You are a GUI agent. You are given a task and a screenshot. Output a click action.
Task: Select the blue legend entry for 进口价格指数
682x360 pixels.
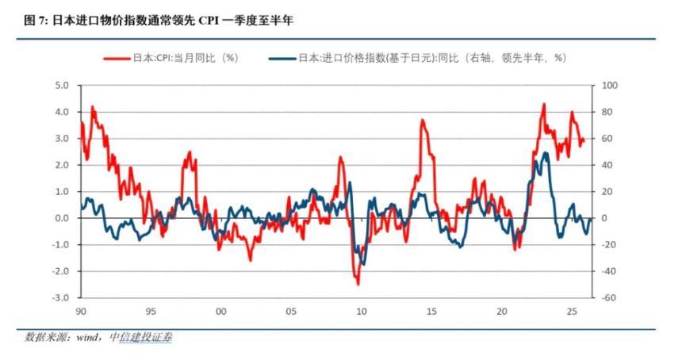420,59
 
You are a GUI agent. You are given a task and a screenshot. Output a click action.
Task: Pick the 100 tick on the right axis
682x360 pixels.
609,85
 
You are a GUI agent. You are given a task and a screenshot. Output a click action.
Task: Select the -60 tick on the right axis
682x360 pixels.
609,298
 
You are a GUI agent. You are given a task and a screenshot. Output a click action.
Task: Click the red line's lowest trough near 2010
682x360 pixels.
358,284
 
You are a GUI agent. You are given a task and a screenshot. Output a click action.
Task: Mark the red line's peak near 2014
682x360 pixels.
423,121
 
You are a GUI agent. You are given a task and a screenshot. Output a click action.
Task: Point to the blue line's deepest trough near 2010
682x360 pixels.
362,264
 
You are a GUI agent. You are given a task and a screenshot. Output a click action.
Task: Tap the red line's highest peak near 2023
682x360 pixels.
544,104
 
